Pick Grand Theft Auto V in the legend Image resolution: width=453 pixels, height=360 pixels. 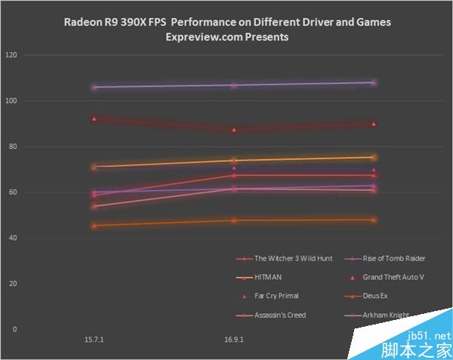point(393,277)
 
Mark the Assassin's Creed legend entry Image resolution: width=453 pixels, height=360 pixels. point(280,315)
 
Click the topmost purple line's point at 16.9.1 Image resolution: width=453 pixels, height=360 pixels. point(234,85)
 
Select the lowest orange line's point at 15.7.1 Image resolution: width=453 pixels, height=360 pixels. point(94,225)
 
